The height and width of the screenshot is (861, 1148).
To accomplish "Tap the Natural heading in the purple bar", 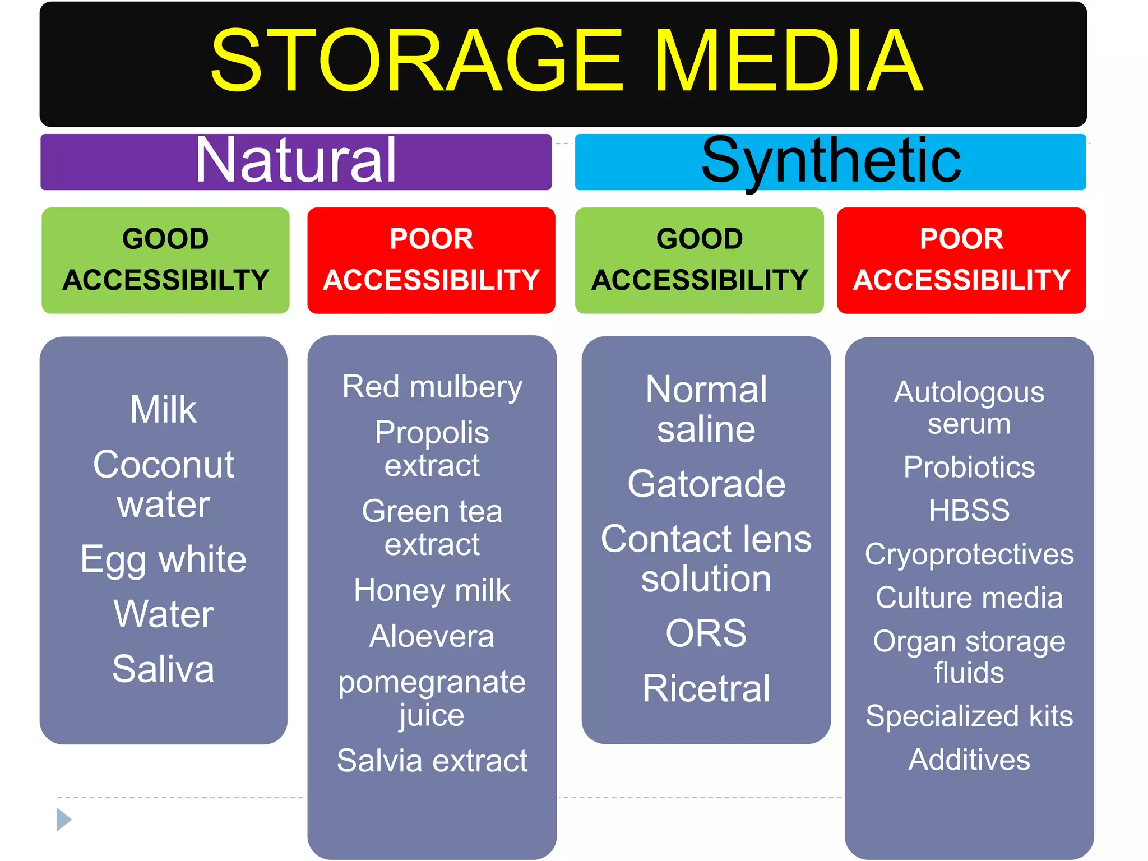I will (296, 161).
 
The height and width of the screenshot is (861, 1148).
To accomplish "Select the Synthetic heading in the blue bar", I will (831, 161).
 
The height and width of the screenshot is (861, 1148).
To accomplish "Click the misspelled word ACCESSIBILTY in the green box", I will (166, 280).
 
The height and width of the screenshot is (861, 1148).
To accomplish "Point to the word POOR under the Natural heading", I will (431, 239).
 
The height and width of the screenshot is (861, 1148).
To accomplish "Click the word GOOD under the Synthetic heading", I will (699, 239).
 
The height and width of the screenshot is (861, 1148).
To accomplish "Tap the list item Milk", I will (163, 409).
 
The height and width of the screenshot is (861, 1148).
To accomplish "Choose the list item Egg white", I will (163, 559).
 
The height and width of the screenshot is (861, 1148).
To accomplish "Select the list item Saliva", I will (163, 669).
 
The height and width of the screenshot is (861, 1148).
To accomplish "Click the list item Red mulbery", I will (432, 387).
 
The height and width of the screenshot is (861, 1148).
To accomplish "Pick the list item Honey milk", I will (432, 590).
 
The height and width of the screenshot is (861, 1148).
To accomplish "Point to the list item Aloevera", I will (432, 636).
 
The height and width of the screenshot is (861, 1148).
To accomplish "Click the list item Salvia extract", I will (432, 761).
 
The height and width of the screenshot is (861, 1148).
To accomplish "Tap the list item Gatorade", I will (706, 484).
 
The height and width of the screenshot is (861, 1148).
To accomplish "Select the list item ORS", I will (706, 633).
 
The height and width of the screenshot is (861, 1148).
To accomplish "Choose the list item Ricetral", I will (706, 688).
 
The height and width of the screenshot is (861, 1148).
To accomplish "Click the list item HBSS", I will (969, 510).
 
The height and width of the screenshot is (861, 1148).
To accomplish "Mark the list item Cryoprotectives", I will (969, 554).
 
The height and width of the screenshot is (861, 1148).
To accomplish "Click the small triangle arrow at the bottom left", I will (64, 820).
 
